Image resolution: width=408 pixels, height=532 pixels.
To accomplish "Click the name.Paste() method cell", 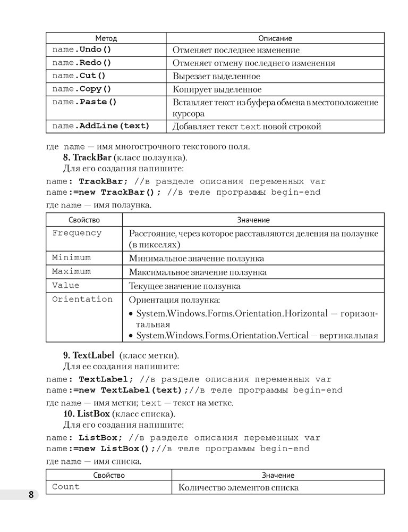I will (84, 102).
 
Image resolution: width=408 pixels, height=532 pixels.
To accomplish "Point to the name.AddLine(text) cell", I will (100, 126).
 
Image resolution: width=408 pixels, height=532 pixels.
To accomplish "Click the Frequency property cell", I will (77, 233).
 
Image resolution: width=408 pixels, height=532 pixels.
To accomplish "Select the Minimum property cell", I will (71, 257).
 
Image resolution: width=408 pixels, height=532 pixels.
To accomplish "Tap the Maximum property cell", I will (71, 271).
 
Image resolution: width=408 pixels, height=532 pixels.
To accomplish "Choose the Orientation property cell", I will (82, 299).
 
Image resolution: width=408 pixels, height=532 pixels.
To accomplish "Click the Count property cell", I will (66, 486).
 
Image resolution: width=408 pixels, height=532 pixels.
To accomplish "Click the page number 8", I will (31, 495).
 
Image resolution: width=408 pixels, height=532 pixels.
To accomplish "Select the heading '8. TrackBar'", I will (87, 157).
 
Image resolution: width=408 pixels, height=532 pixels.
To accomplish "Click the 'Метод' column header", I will (106, 38).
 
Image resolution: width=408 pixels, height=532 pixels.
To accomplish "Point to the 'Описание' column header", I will (275, 38).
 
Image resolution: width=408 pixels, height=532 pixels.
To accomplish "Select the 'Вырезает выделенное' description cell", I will (216, 77).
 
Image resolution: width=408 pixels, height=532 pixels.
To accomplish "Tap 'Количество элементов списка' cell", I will (239, 487).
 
